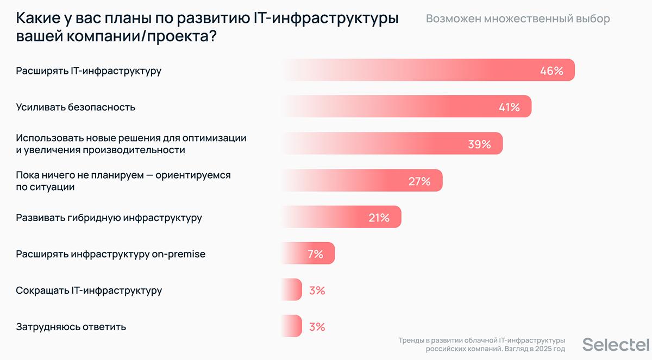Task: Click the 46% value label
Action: [x=551, y=71]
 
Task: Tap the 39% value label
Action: [x=479, y=144]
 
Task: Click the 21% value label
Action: [x=379, y=218]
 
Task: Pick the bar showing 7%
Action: [x=308, y=254]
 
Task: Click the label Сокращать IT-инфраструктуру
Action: [x=89, y=290]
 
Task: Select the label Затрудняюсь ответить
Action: [x=71, y=327]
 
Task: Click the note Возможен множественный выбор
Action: [x=517, y=19]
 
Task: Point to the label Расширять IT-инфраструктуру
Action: [x=89, y=71]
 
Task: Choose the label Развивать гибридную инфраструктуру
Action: [x=109, y=218]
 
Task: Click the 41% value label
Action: [x=509, y=107]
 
